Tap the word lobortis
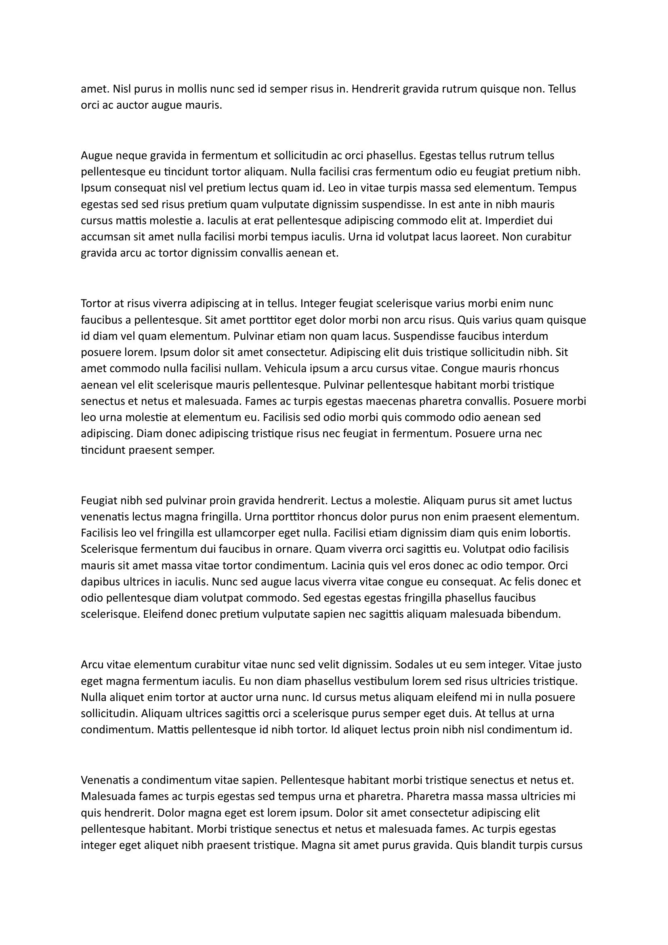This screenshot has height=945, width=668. tap(549, 533)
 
